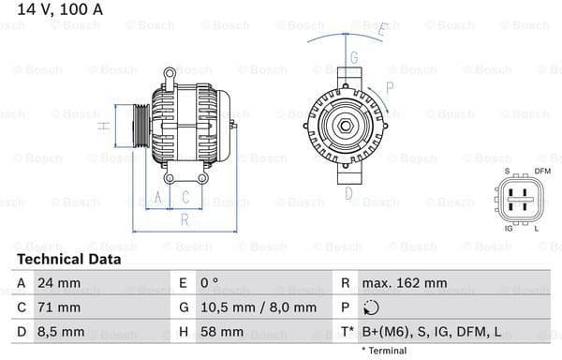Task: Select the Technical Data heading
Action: (68, 259)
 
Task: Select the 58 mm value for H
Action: (221, 331)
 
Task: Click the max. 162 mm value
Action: (407, 282)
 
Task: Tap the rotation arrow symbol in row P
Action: (371, 307)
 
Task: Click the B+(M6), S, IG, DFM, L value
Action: (430, 331)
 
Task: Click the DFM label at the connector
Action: (541, 171)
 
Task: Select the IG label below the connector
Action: (509, 228)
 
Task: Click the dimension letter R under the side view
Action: (185, 220)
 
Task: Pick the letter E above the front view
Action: (381, 29)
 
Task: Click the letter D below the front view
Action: (348, 194)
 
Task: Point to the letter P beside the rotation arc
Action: (390, 87)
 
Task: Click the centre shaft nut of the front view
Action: (345, 127)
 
